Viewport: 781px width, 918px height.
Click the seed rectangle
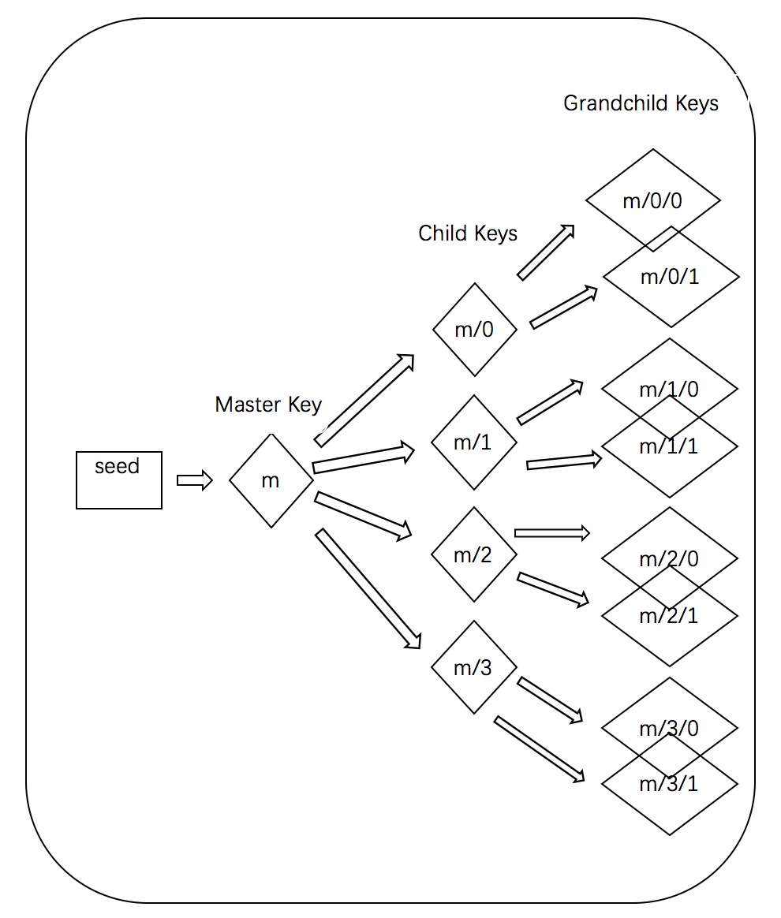tap(119, 480)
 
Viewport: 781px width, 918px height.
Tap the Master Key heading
tap(268, 405)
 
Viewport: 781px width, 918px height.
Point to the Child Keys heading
tap(468, 233)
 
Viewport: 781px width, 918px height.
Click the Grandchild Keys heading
tap(641, 103)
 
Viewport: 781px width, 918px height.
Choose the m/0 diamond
tap(475, 330)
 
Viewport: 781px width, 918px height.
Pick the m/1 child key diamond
tap(474, 442)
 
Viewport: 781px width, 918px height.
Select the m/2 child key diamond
tap(474, 554)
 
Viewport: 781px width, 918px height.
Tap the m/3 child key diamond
tap(474, 667)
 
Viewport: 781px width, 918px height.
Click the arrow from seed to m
tap(195, 480)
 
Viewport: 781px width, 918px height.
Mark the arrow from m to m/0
tap(364, 400)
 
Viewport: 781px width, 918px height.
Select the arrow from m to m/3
tap(368, 590)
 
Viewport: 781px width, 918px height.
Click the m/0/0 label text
tap(652, 200)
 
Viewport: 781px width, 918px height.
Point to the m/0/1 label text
tap(670, 277)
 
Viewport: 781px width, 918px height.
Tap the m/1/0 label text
tap(669, 390)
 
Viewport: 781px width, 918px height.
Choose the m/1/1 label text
tap(669, 446)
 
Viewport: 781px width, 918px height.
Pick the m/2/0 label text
tap(669, 559)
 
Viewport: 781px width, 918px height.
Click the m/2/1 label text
tap(669, 616)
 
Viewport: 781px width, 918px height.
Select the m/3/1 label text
tap(669, 784)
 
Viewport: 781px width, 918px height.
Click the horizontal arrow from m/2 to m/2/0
tap(552, 533)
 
